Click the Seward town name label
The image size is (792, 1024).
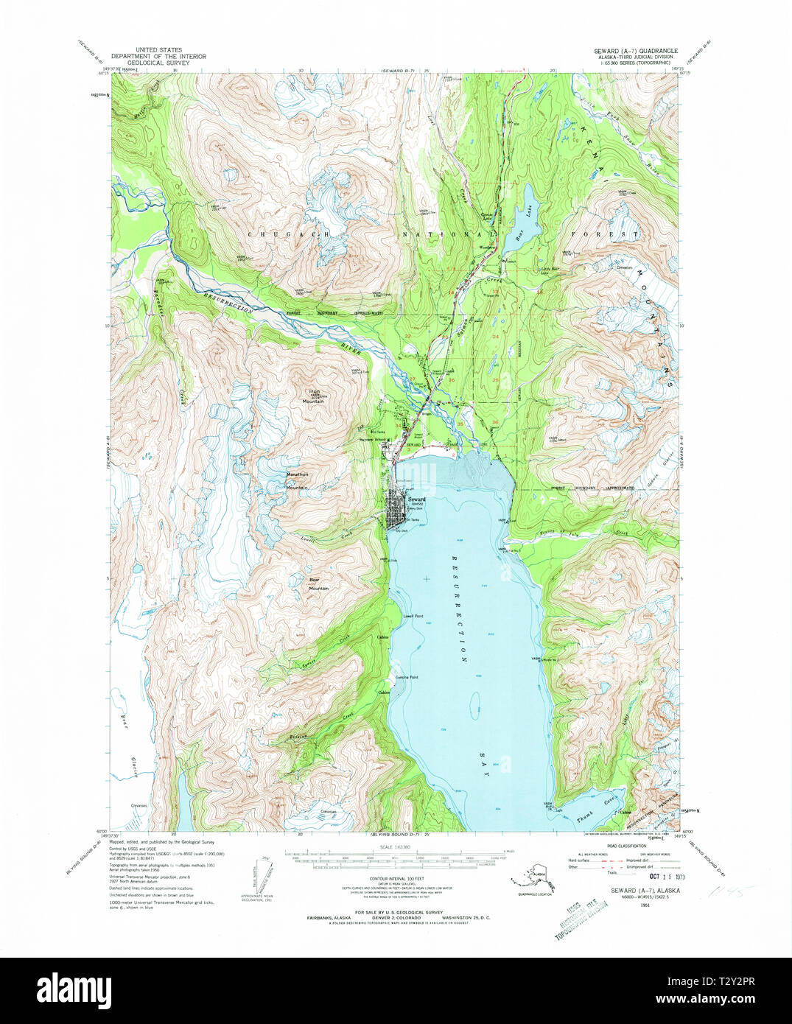pyautogui.click(x=406, y=499)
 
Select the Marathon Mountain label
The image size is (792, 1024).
pyautogui.click(x=296, y=481)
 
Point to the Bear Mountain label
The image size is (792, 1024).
pyautogui.click(x=318, y=583)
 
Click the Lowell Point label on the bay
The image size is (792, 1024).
pyautogui.click(x=413, y=615)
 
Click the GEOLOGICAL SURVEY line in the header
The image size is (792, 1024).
pyautogui.click(x=158, y=63)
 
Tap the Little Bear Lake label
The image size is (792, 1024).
pyautogui.click(x=550, y=270)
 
